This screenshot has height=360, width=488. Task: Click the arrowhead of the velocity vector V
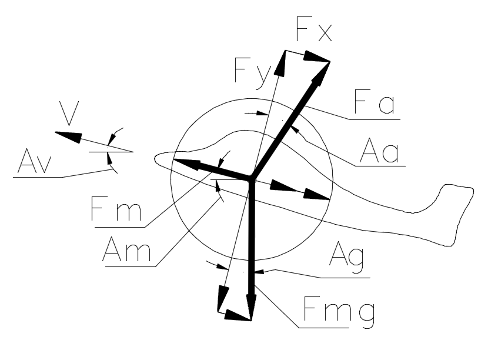click(66, 135)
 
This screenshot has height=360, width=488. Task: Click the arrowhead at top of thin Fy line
click(282, 62)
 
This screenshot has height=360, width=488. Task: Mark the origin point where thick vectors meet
click(252, 178)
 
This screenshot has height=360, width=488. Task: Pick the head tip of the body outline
click(156, 158)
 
